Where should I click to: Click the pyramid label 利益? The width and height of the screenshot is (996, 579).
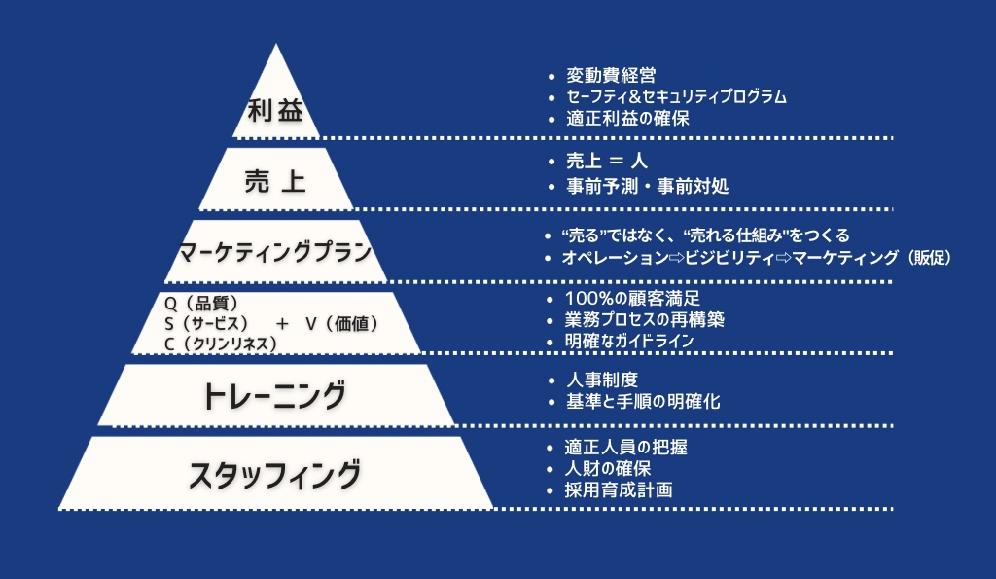275,111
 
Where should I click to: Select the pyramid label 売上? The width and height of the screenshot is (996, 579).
275,182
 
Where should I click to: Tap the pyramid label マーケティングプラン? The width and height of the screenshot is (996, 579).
275,252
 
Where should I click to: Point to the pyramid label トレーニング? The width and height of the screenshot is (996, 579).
274,395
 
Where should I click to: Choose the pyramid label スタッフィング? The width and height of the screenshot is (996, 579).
275,475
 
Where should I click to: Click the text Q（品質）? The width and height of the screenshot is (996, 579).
200,304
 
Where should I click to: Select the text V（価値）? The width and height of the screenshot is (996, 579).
341,323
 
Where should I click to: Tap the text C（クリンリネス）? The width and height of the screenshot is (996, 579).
221,344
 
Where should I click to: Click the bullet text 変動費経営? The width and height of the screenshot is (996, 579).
611,76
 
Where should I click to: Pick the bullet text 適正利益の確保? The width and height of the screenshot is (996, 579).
627,118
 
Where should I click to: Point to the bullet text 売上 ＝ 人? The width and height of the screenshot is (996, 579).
607,161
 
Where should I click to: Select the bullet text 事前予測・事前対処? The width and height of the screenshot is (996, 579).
647,186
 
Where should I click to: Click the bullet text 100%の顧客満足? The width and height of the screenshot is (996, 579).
632,298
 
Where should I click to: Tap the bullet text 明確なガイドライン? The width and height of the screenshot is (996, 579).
629,341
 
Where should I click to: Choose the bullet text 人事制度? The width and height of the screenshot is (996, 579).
602,380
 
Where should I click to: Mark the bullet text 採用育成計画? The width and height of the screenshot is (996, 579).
618,490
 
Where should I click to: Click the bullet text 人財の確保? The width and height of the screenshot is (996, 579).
608,468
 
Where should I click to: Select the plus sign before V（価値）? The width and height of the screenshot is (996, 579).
282,323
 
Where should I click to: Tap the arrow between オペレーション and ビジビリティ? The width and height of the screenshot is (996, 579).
677,258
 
